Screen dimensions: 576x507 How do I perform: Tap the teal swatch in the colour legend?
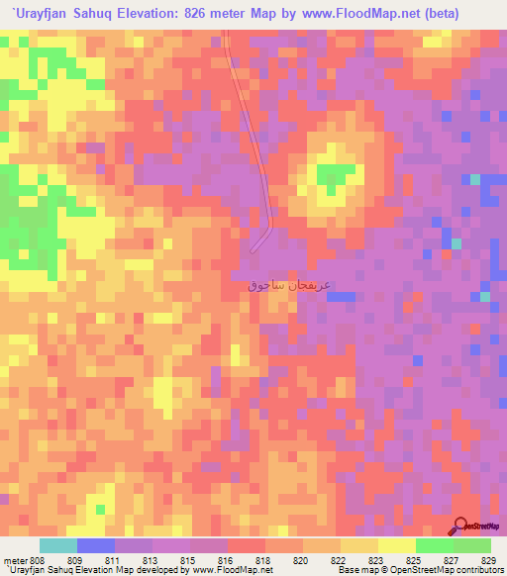click(58, 545)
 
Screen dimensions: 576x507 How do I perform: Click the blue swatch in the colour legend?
click(96, 545)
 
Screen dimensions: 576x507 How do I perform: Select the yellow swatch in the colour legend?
click(396, 545)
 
